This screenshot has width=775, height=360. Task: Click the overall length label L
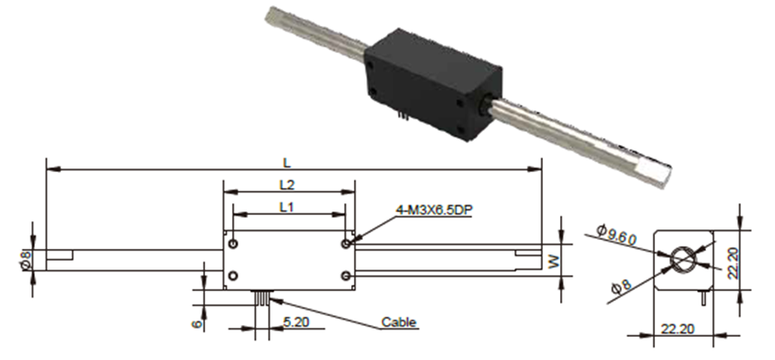pyautogui.click(x=287, y=162)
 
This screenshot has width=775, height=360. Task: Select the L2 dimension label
pyautogui.click(x=288, y=184)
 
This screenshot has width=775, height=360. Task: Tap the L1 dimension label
pyautogui.click(x=287, y=207)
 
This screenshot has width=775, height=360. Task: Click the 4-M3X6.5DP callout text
pyautogui.click(x=434, y=210)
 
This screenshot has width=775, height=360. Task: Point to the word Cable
pyautogui.click(x=399, y=322)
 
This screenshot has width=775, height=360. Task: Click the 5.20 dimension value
pyautogui.click(x=296, y=322)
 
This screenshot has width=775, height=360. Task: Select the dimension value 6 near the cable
pyautogui.click(x=197, y=324)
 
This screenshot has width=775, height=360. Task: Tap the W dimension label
pyautogui.click(x=555, y=261)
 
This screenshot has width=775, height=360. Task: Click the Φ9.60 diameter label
pyautogui.click(x=616, y=235)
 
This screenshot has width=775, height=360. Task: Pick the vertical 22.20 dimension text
pyautogui.click(x=733, y=263)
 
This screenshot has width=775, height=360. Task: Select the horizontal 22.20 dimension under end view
pyautogui.click(x=677, y=329)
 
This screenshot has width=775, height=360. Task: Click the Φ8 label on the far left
pyautogui.click(x=26, y=260)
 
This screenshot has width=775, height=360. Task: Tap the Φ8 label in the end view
pyautogui.click(x=621, y=287)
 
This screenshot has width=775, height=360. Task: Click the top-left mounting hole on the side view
pyautogui.click(x=233, y=244)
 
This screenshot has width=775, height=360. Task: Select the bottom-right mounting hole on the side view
pyautogui.click(x=346, y=276)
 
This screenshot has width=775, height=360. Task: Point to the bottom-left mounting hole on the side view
pyautogui.click(x=233, y=276)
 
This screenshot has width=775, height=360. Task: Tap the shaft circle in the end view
pyautogui.click(x=683, y=260)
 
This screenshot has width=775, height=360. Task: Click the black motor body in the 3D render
pyautogui.click(x=433, y=84)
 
